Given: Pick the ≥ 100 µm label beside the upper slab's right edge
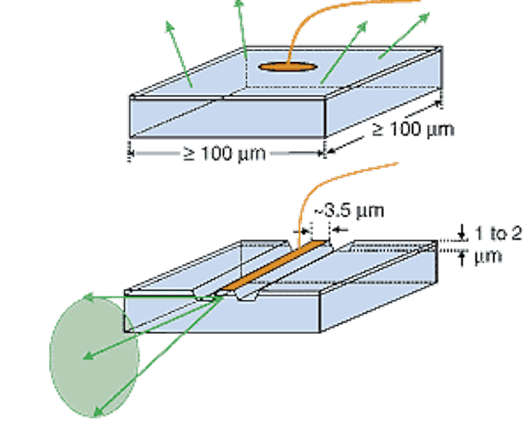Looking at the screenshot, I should [x=413, y=129].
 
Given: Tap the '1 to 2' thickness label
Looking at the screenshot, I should [x=489, y=236].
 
